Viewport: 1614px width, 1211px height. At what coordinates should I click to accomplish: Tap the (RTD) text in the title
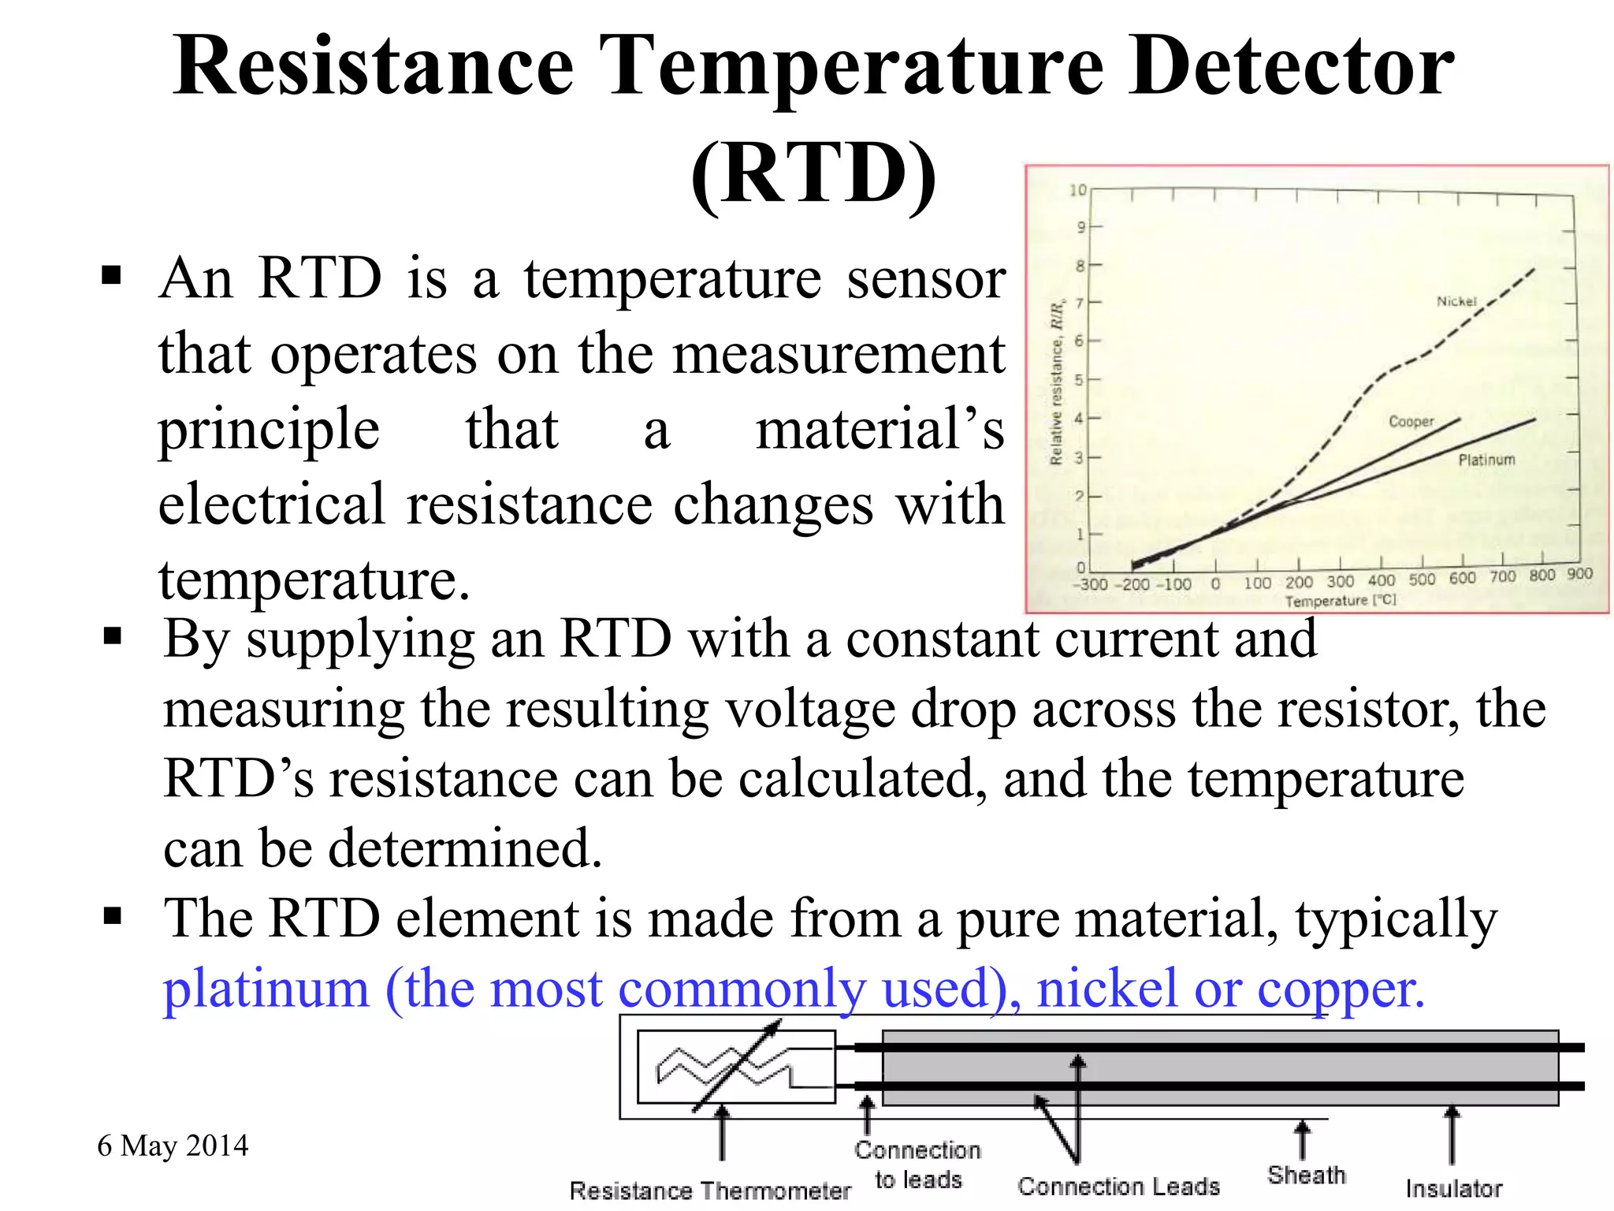(813, 173)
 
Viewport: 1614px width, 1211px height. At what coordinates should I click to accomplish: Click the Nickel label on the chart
(1456, 301)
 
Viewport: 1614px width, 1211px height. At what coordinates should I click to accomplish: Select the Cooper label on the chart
(1411, 422)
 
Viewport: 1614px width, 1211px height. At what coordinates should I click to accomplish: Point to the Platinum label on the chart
(1486, 460)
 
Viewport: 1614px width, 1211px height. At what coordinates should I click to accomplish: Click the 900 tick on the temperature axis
(1579, 574)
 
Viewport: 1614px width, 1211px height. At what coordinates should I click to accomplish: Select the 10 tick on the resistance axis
(1077, 190)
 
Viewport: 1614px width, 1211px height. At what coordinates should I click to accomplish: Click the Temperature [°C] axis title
(1340, 601)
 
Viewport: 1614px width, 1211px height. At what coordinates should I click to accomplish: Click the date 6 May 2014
(173, 1146)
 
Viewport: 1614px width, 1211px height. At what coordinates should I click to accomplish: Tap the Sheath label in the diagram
(1306, 1175)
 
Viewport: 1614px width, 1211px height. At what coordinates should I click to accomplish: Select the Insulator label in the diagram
(1453, 1188)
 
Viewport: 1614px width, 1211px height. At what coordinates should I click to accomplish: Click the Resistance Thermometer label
(710, 1191)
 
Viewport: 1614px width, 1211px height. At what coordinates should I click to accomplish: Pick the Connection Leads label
(1118, 1186)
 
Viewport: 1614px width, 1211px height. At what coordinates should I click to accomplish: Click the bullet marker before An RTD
(111, 276)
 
